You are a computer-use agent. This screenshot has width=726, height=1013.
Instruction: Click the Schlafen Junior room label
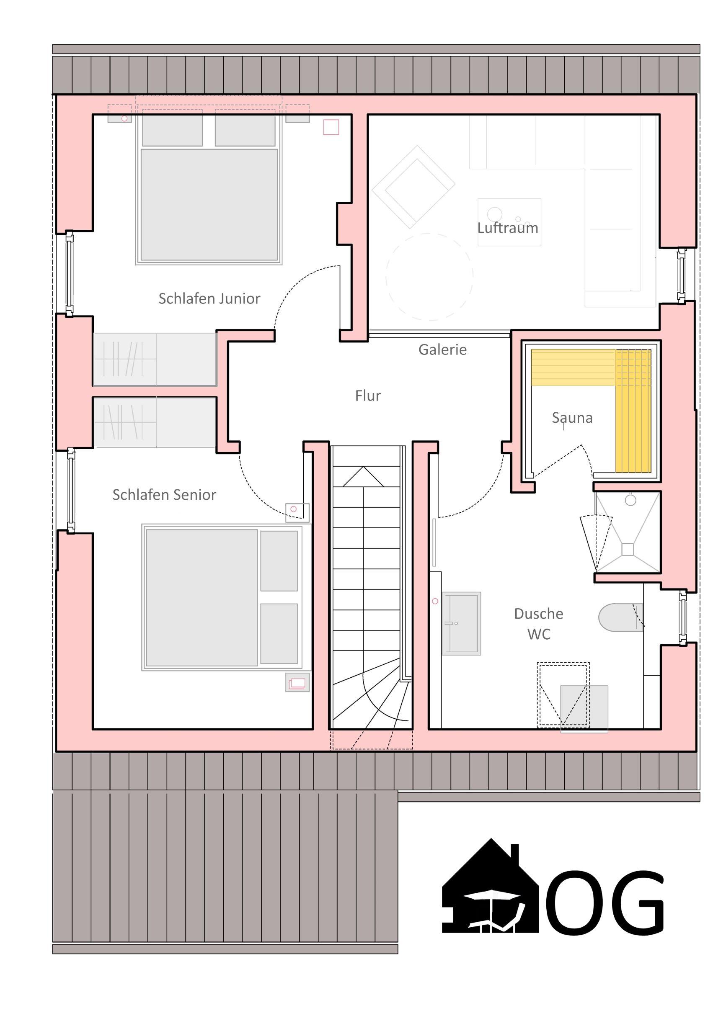click(x=209, y=298)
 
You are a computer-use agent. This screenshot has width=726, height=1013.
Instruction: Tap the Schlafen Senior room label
click(x=164, y=495)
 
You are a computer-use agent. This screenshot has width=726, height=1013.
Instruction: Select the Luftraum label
click(x=507, y=228)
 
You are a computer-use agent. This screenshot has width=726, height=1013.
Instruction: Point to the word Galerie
click(x=442, y=349)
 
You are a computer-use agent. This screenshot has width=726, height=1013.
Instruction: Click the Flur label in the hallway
click(x=368, y=395)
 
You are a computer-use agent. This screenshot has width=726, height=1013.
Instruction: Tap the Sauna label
click(x=572, y=418)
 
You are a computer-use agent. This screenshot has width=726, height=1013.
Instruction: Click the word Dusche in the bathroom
click(x=538, y=614)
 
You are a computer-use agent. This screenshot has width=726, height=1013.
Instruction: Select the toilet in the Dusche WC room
click(x=620, y=618)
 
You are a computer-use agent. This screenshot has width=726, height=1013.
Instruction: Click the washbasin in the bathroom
click(x=461, y=624)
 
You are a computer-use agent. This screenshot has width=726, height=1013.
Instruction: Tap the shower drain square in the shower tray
click(x=628, y=549)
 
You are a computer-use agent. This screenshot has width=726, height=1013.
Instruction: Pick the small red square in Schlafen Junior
click(x=331, y=127)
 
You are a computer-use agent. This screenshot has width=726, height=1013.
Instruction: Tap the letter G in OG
click(x=635, y=903)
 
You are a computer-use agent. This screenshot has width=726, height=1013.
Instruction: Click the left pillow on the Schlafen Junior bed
click(x=172, y=131)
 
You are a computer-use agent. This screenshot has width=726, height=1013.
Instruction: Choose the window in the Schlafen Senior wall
click(x=71, y=491)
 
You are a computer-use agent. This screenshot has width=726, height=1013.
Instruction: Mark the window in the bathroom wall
click(x=682, y=618)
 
